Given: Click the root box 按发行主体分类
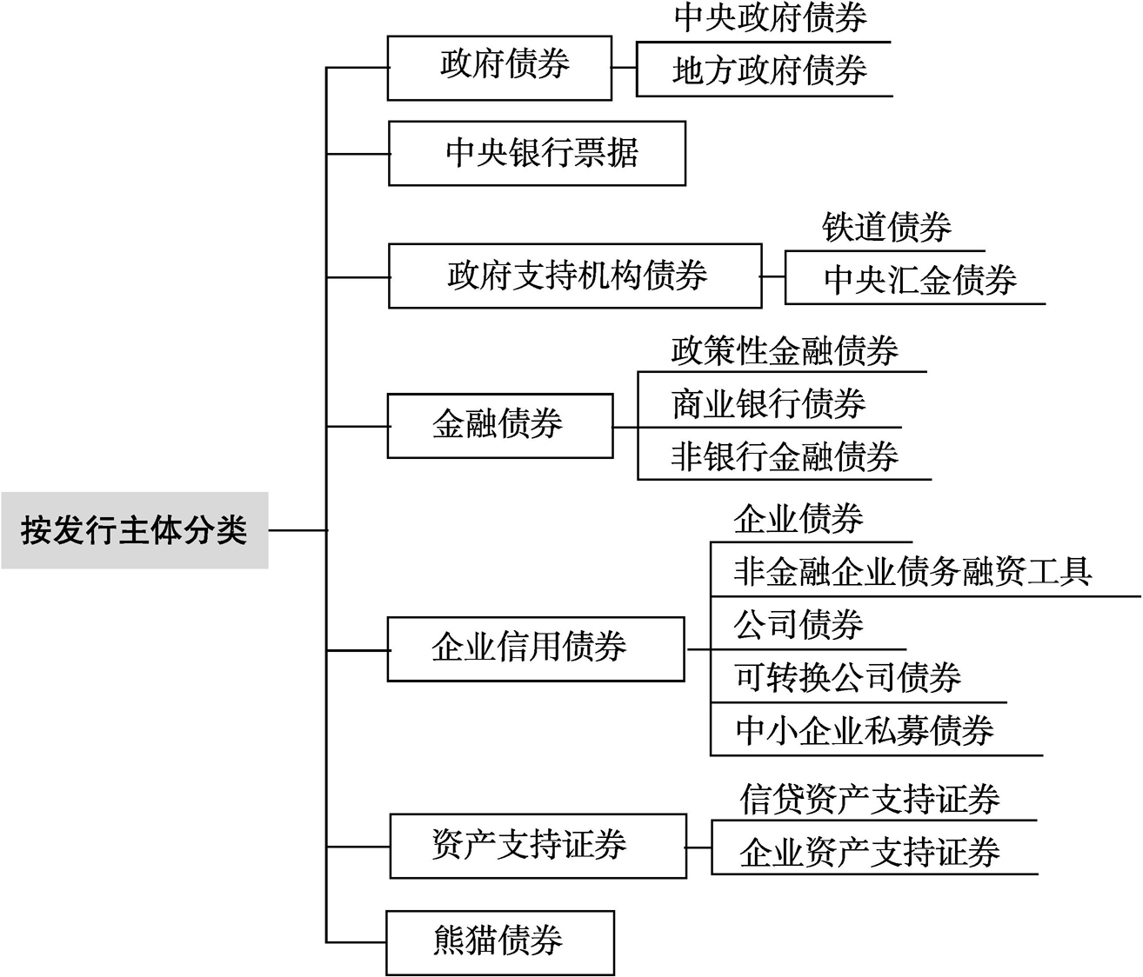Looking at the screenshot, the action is [x=134, y=530].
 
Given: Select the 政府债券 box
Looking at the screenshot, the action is [x=499, y=68].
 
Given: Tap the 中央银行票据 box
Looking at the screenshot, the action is [x=537, y=154].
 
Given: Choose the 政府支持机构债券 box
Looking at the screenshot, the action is [x=575, y=276].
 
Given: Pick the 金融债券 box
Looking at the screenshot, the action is [x=500, y=426].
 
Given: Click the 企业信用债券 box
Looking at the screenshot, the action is [x=536, y=649].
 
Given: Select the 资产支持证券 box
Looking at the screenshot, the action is [x=538, y=846].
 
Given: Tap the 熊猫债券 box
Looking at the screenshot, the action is [x=500, y=943].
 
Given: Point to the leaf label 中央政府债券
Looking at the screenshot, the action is [x=771, y=17].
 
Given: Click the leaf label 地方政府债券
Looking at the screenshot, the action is [x=770, y=70].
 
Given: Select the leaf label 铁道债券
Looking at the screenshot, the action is [x=886, y=227].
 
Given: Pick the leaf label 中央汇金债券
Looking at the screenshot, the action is [x=920, y=280].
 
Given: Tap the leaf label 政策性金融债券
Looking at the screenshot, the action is [x=785, y=351].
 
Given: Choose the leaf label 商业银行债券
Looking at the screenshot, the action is [x=769, y=404].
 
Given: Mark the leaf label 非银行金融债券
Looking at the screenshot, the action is [x=785, y=456].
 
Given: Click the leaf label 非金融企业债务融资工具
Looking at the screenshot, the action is [x=913, y=571].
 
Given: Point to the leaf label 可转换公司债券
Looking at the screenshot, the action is [x=848, y=677].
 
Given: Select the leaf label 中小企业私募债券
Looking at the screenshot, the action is [x=865, y=730].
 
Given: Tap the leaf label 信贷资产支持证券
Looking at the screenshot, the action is [x=870, y=799].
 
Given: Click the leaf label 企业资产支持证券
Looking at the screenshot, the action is [x=870, y=852].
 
